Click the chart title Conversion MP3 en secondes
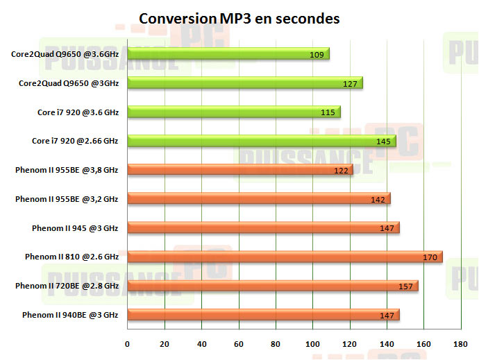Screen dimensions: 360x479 click(x=239, y=19)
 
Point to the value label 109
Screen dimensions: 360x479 click(x=317, y=54)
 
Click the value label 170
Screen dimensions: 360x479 click(x=430, y=257)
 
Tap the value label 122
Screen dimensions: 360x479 click(x=340, y=171)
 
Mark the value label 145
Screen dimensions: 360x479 click(x=383, y=142)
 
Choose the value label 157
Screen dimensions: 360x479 click(x=405, y=286)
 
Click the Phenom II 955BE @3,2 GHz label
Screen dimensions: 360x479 click(x=67, y=199)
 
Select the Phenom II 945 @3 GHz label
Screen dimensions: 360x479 click(x=75, y=228)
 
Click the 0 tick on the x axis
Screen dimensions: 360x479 click(x=127, y=343)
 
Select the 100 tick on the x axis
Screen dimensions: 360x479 click(x=312, y=343)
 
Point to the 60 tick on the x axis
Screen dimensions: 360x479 click(x=239, y=343)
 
